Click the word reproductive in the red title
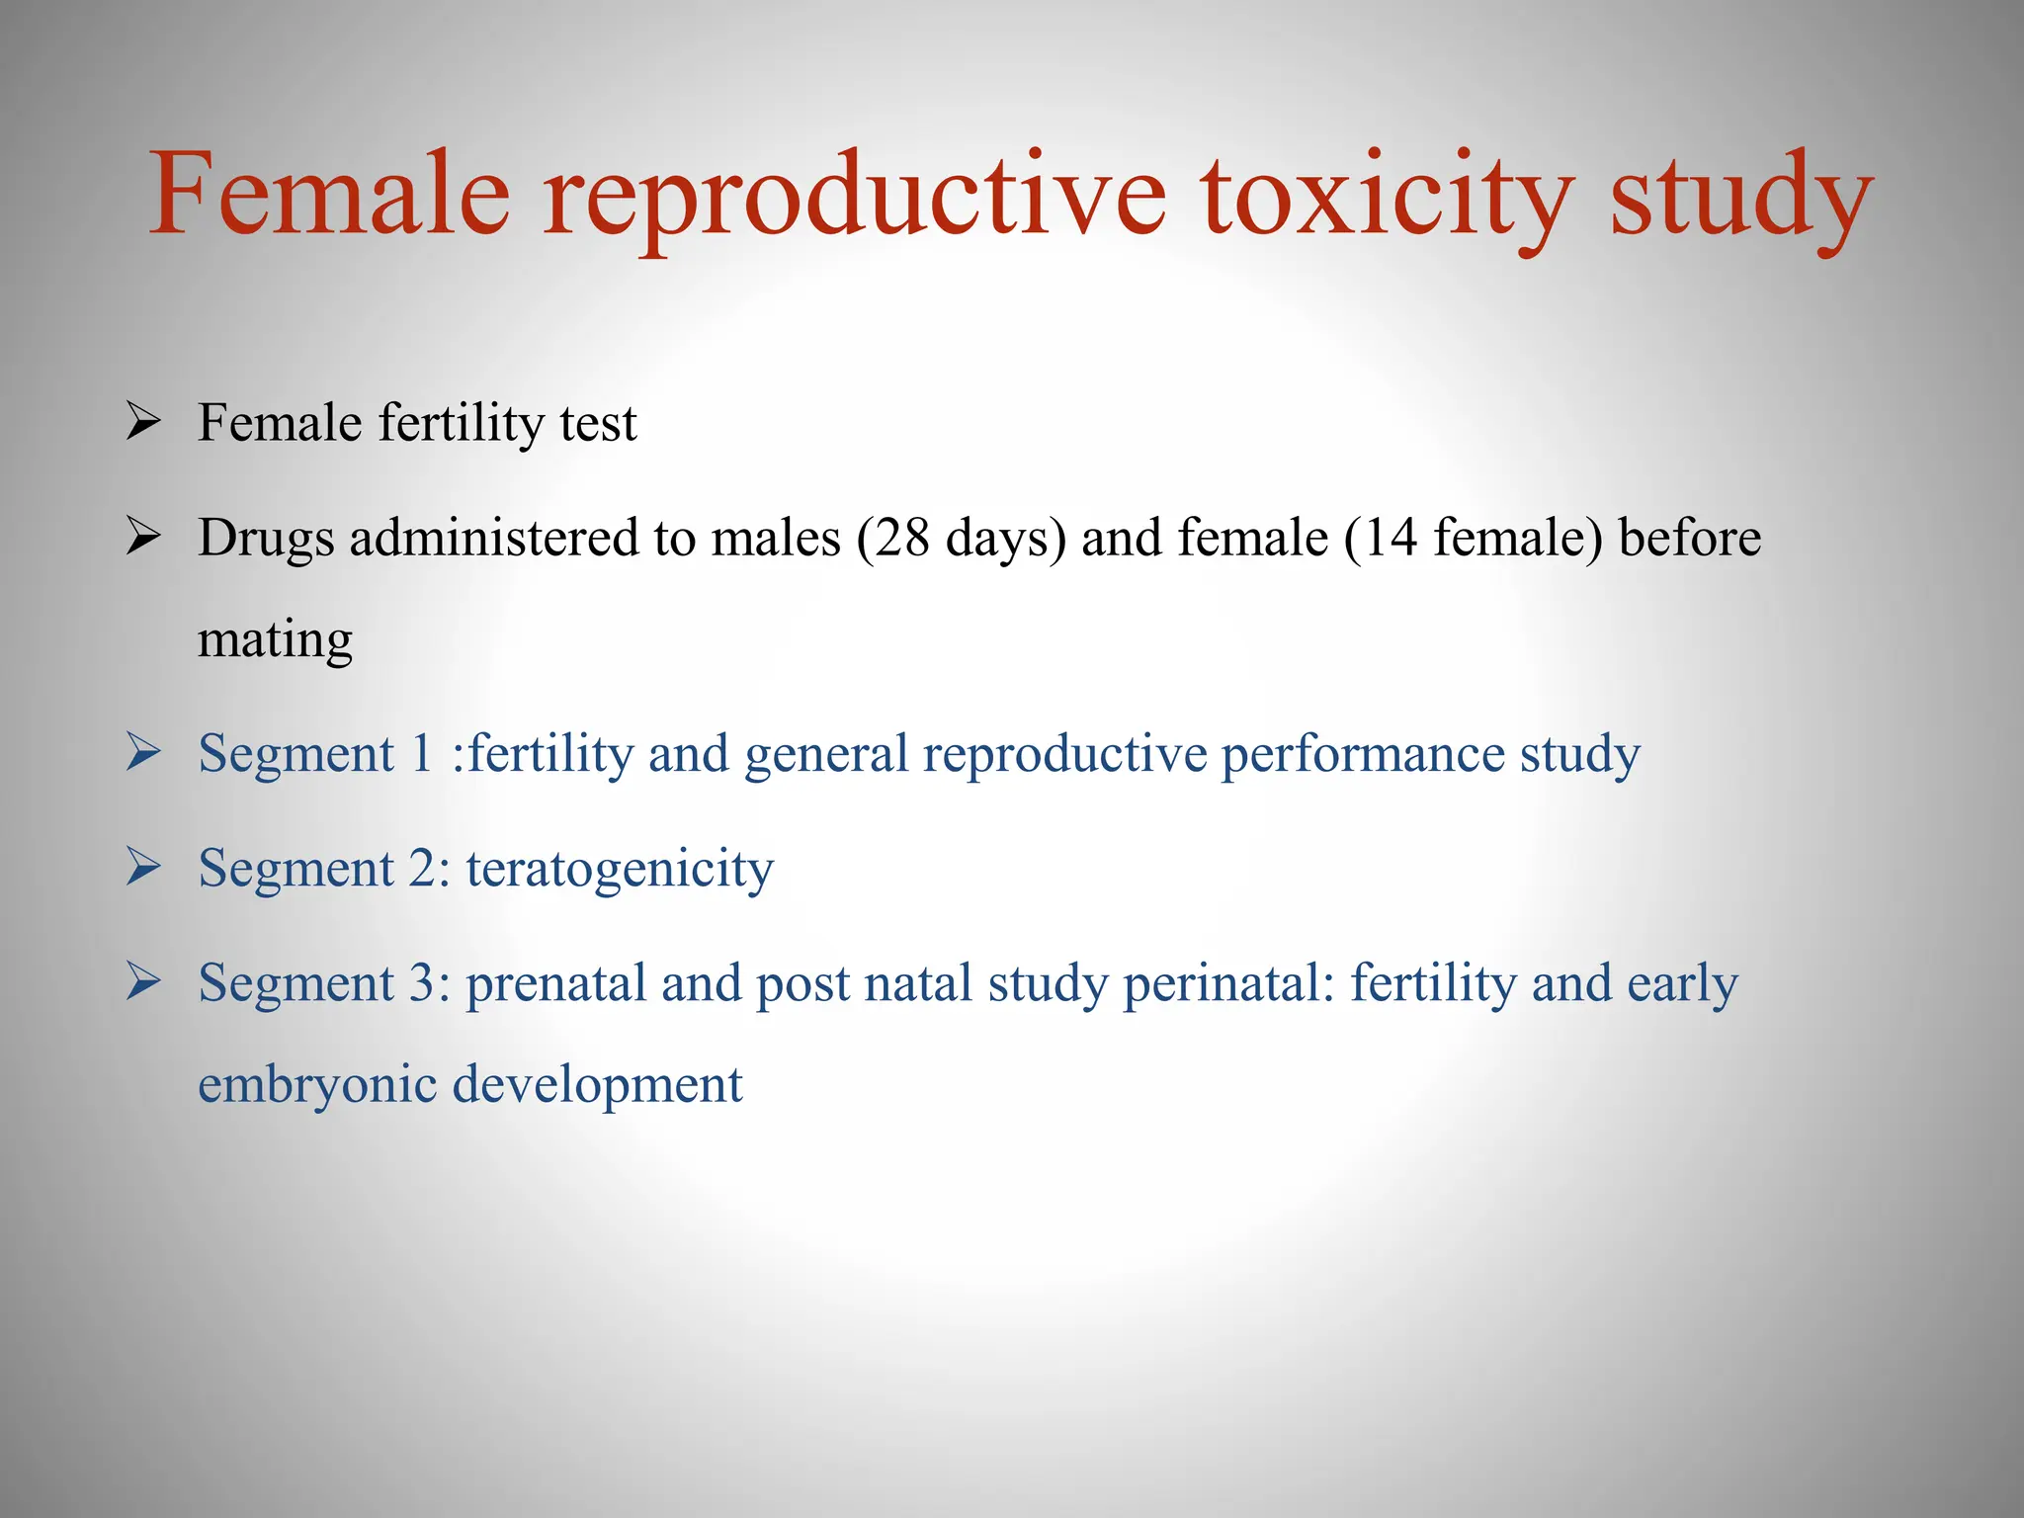pyautogui.click(x=855, y=196)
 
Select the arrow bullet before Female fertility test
pyautogui.click(x=144, y=423)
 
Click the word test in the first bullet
pyautogui.click(x=598, y=423)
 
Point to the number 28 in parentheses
pyautogui.click(x=901, y=539)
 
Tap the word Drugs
pyautogui.click(x=266, y=539)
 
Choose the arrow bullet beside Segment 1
pyautogui.click(x=144, y=753)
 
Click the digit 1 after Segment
pyautogui.click(x=422, y=754)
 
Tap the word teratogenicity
pyautogui.click(x=620, y=870)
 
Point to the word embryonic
pyautogui.click(x=316, y=1085)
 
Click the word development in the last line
pyautogui.click(x=597, y=1085)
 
